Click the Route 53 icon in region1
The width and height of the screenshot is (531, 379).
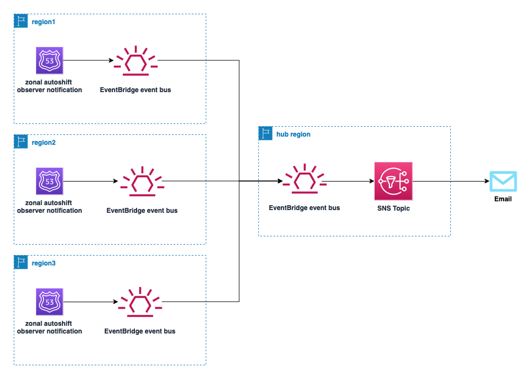tap(49, 60)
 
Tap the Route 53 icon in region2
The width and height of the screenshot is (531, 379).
tap(49, 181)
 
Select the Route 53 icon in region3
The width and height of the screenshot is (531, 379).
tap(49, 302)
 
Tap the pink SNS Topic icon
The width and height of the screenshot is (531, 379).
tap(393, 181)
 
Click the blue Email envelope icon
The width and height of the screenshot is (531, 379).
tap(503, 182)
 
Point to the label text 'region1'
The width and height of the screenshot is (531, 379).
tap(44, 22)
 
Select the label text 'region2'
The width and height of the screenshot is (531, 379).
tap(44, 143)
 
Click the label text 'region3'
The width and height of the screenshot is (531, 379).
tap(44, 263)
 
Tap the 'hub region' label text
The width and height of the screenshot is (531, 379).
tap(293, 134)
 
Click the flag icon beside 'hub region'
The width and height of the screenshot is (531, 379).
tap(265, 134)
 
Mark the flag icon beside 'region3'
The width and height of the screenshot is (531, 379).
tap(21, 263)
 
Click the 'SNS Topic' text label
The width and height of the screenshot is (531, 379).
tap(393, 209)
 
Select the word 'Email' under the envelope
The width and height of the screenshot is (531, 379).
tap(503, 199)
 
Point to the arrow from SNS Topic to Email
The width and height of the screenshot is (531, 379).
tap(450, 181)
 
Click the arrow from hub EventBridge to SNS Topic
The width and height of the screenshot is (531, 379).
tap(348, 181)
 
